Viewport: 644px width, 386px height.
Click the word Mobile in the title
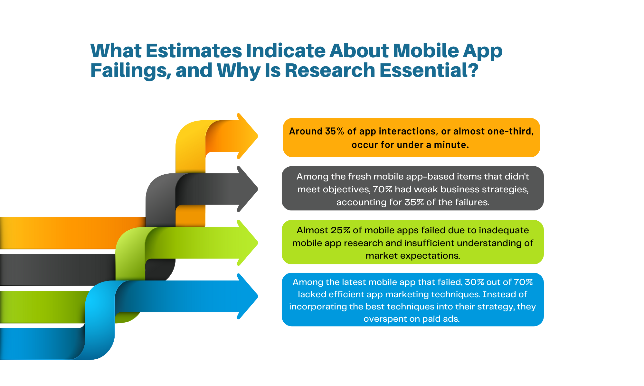[426, 51]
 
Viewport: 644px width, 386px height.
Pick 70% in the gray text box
[383, 189]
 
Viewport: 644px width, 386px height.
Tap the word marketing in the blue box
[407, 294]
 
